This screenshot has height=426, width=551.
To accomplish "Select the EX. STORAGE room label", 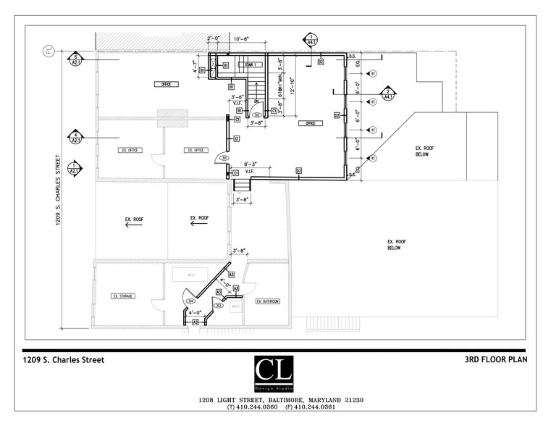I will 123,296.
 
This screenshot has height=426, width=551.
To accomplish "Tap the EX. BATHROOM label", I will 267,301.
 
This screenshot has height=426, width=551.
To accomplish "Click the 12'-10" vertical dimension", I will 292,85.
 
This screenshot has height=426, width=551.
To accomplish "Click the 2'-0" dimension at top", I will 214,38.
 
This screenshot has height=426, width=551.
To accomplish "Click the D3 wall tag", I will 298,170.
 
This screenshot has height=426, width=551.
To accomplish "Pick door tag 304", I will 191,301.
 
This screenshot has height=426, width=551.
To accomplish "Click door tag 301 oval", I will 224,158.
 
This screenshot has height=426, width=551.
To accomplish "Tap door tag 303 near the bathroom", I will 217,306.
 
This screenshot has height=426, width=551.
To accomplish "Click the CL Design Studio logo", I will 274,375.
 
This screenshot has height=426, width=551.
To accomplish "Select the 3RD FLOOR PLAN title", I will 495,360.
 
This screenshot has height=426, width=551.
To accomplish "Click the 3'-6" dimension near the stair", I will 237,96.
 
